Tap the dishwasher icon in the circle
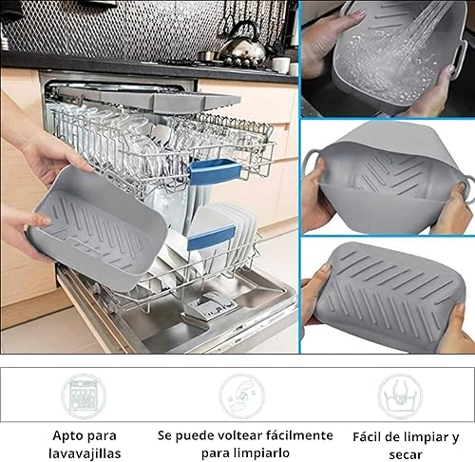[x=84, y=395]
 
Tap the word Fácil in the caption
[x=371, y=436]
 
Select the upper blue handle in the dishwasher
[x=214, y=171]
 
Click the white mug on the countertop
[x=281, y=64]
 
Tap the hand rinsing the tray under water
[x=323, y=43]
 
